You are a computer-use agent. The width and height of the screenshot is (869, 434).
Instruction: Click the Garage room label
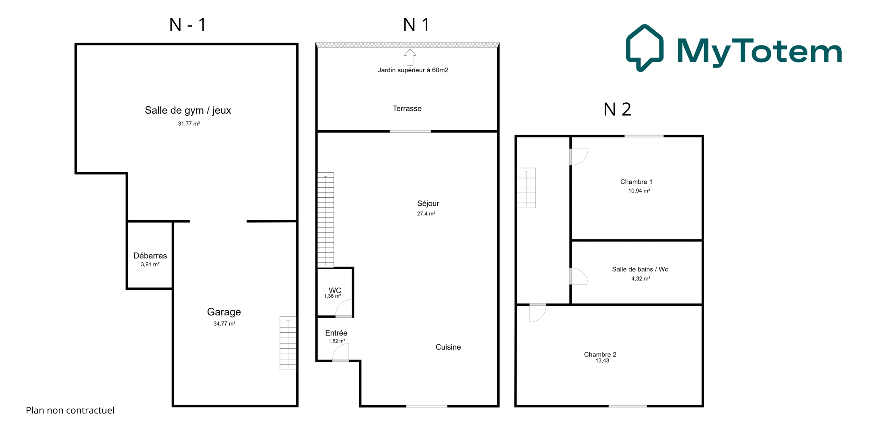pos(224,312)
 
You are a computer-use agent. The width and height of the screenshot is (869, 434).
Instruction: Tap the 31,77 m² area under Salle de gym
pos(189,124)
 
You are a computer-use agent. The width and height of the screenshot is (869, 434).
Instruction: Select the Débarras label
pos(150,256)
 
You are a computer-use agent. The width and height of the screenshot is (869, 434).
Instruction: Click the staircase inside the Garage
pos(288,343)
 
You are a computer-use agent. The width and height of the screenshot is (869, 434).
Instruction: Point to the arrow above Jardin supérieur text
pos(410,57)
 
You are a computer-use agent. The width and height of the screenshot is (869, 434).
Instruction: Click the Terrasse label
pos(407,108)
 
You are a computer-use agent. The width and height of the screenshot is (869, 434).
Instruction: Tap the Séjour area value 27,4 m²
pos(426,214)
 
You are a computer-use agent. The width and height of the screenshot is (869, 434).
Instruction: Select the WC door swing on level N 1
pos(344,309)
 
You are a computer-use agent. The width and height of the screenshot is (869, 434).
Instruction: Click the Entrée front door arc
pos(341,353)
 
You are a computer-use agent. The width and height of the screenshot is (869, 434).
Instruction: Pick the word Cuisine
pos(448,347)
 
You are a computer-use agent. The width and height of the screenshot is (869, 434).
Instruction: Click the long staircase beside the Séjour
pos(325,220)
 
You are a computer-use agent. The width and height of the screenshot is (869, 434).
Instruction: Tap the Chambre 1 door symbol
pos(579,157)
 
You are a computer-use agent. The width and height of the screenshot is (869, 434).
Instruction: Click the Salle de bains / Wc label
pos(640,269)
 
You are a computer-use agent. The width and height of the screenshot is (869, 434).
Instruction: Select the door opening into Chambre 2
pos(537,313)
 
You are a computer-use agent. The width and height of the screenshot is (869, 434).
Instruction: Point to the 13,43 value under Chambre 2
pos(602,361)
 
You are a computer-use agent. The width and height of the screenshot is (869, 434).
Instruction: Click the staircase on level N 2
pos(526,188)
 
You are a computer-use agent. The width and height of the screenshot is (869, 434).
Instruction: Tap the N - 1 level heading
pos(188,25)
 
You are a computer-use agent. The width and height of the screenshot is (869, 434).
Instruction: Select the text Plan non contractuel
pos(70,410)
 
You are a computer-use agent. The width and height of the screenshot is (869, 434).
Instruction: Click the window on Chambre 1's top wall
pos(644,136)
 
